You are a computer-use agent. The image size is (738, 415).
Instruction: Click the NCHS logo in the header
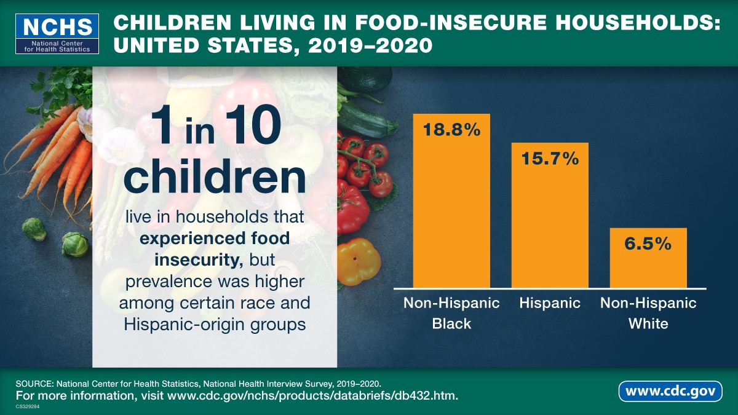point(57,34)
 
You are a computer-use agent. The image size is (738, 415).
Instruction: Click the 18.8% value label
point(451,130)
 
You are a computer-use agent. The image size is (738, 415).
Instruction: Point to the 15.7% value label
point(550,159)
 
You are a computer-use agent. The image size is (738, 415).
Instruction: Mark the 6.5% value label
point(648,243)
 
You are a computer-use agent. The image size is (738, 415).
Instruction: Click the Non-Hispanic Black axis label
point(451,313)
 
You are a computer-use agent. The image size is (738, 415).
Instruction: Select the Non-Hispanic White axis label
point(648,313)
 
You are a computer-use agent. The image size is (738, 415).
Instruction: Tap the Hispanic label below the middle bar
point(550,303)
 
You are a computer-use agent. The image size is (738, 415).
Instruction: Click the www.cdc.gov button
point(670,391)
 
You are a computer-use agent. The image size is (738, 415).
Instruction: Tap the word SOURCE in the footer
point(36,383)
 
